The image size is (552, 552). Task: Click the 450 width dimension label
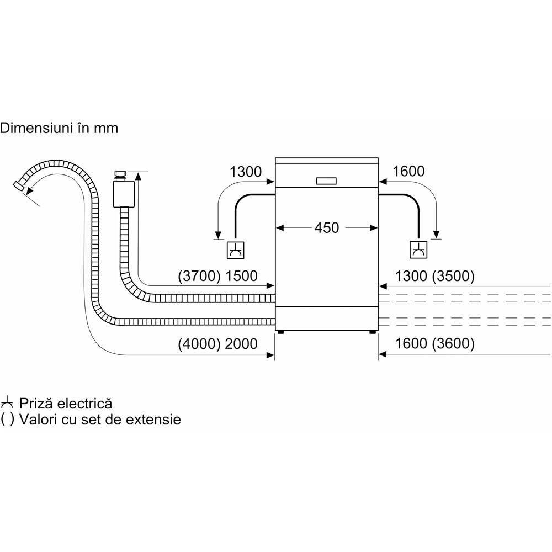point(327,227)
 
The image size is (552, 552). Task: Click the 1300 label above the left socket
point(246,172)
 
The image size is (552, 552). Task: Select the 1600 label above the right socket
point(408,172)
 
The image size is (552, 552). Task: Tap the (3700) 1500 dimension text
point(217,276)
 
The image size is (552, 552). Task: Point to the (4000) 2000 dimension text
point(217,344)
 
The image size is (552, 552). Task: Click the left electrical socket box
point(236,250)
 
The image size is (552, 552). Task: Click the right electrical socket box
point(418,250)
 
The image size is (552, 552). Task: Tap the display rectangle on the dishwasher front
point(326,181)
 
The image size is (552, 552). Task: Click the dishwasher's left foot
point(282,332)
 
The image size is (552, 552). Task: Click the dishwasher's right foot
point(372,332)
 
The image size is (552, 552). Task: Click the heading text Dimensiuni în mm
point(59,129)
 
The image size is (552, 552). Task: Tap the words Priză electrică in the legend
point(66,403)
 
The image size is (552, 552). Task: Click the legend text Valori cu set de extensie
point(100,420)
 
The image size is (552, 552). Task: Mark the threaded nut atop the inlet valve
point(120,175)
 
